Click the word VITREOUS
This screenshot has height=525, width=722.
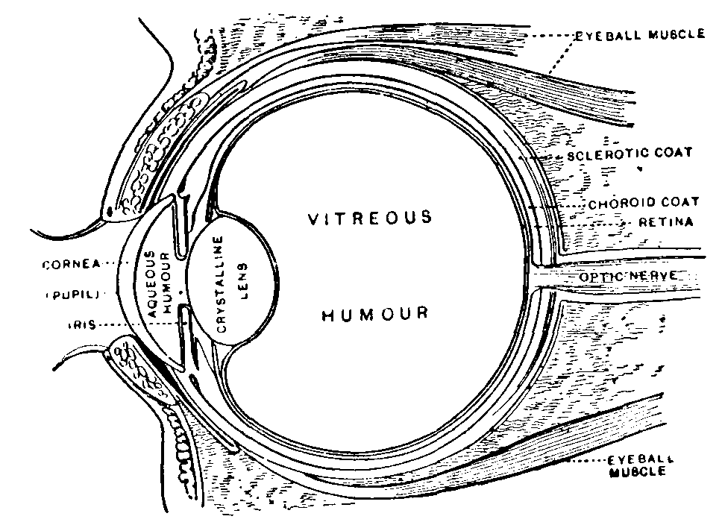click(x=371, y=218)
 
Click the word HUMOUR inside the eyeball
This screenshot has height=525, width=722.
click(x=375, y=313)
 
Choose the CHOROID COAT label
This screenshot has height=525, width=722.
click(x=643, y=203)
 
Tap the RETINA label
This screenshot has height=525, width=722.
click(x=666, y=221)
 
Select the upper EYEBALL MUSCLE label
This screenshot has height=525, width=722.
click(x=638, y=35)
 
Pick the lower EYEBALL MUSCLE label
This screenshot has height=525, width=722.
click(x=636, y=466)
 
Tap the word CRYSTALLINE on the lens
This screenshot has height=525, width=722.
click(x=220, y=283)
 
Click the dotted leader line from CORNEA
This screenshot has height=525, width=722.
click(x=123, y=262)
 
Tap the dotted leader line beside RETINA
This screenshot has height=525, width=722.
click(x=597, y=222)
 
